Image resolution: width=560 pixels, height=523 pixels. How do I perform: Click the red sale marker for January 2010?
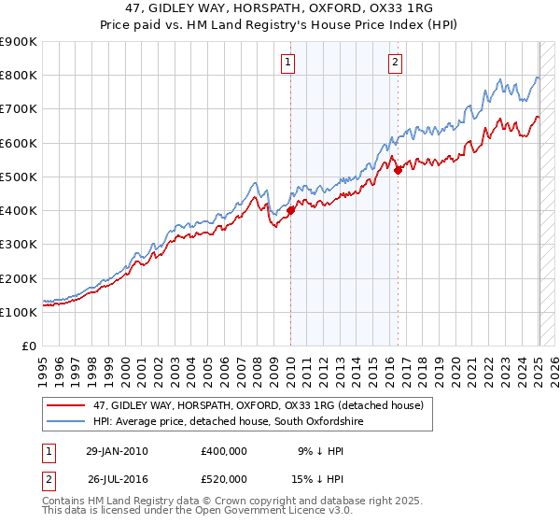pos(290,211)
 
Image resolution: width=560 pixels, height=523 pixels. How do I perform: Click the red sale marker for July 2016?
pos(398,170)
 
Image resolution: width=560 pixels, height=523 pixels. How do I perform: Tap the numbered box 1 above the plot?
pos(287,63)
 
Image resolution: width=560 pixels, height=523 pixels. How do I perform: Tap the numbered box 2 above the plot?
pos(396,63)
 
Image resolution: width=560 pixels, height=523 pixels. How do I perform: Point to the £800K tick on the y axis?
pos(19,76)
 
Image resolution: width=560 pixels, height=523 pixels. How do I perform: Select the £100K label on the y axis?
pos(19,313)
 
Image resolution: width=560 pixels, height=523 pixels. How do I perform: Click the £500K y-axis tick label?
pos(19,177)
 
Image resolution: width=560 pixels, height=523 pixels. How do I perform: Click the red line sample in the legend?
pos(66,405)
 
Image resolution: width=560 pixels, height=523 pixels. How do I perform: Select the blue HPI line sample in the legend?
pos(66,422)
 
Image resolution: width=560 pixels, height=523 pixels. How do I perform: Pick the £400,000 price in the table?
pos(224,451)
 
